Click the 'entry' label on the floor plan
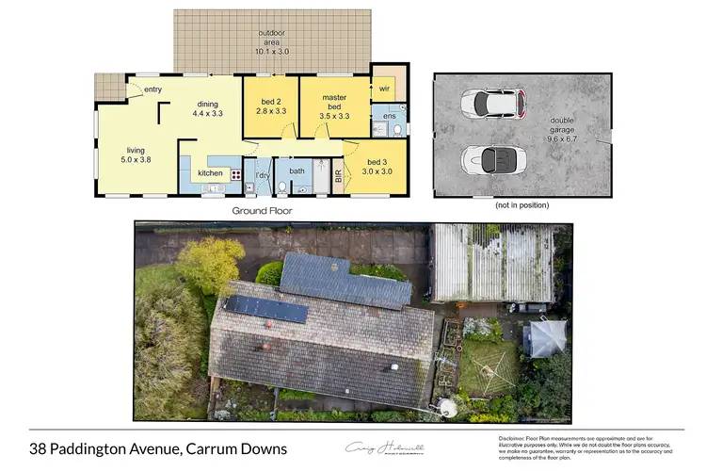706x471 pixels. [153, 89]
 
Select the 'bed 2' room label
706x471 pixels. [270, 101]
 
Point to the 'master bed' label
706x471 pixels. [334, 101]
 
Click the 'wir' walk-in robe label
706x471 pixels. [384, 89]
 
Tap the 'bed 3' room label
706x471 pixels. [377, 162]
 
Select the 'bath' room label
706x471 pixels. [297, 171]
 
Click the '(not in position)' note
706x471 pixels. [521, 203]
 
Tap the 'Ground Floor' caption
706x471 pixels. [262, 211]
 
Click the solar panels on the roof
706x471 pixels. [265, 309]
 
